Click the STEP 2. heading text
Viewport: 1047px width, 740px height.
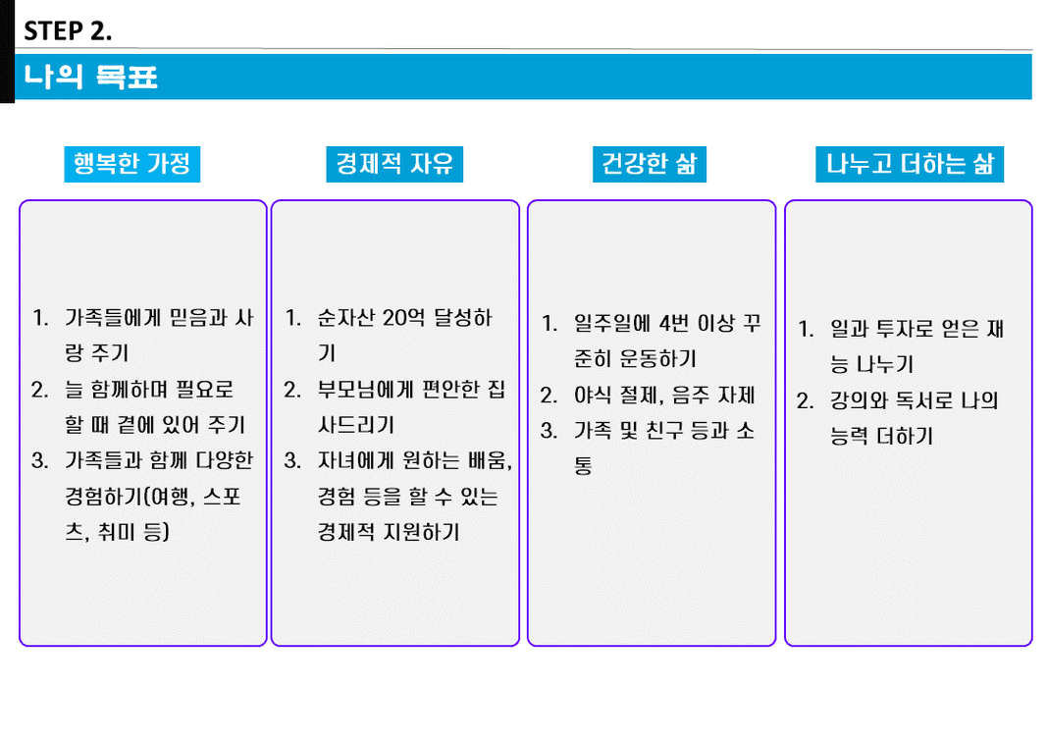point(68,30)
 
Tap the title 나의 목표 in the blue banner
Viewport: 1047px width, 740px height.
point(91,77)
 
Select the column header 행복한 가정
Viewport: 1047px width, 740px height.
point(132,164)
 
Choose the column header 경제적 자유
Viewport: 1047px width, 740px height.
point(394,164)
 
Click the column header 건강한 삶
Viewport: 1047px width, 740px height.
point(650,164)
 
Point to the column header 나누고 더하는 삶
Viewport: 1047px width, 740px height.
point(911,164)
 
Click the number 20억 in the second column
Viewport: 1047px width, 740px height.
point(404,317)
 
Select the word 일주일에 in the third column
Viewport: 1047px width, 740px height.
point(612,323)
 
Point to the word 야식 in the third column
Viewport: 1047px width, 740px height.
point(593,395)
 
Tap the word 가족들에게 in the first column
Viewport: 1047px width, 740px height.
point(113,317)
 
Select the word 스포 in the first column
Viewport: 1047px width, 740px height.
point(222,497)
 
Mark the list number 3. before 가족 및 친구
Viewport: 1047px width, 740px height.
point(549,431)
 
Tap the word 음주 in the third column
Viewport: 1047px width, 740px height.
point(691,395)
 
